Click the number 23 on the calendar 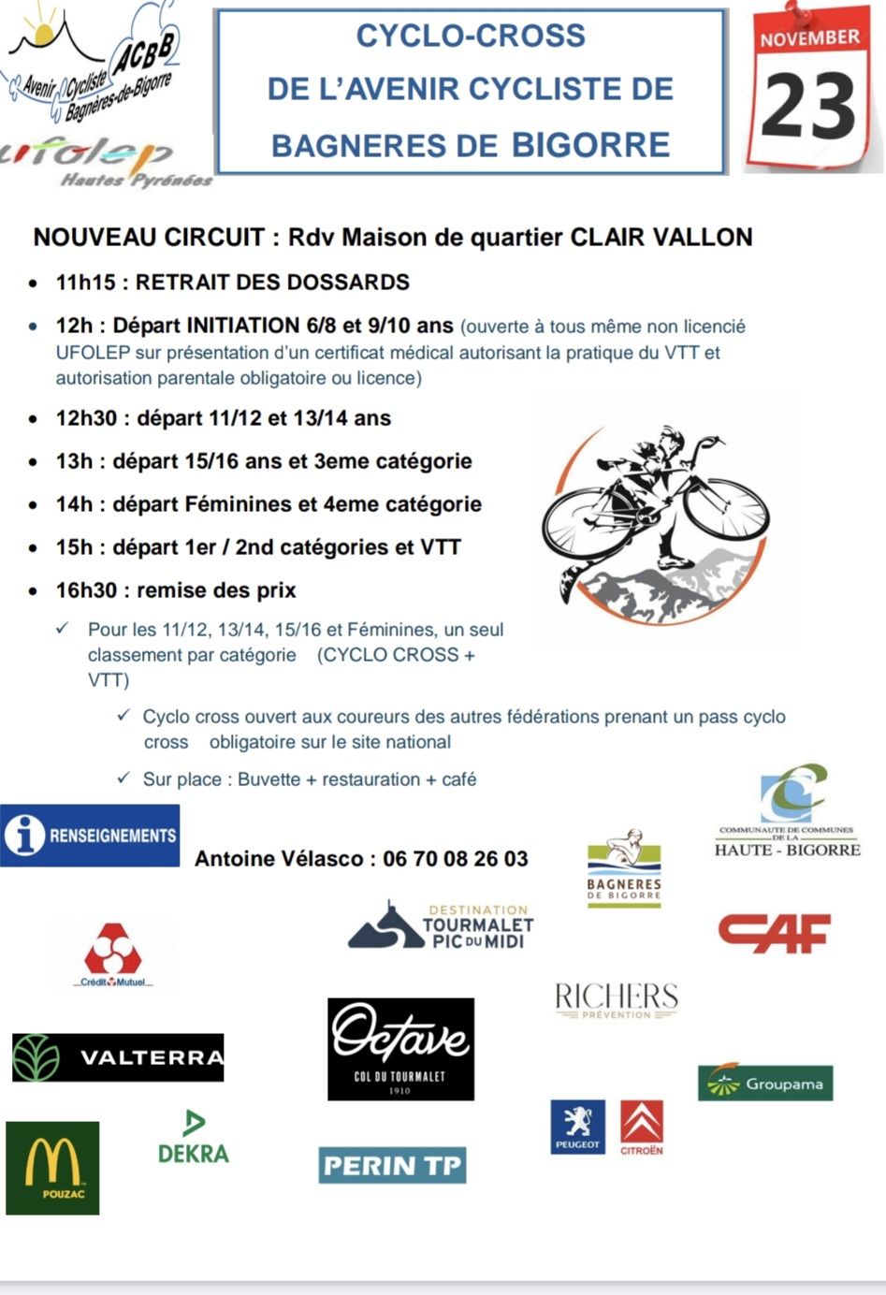click(x=810, y=106)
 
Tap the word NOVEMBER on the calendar click(x=809, y=38)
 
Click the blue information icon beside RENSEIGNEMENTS click(x=24, y=835)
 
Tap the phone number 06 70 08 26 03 click(x=456, y=858)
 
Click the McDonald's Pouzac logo click(x=52, y=1168)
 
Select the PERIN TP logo click(x=392, y=1165)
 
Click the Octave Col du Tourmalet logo click(x=400, y=1048)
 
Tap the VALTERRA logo click(x=118, y=1057)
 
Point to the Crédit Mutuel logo click(x=112, y=954)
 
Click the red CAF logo click(x=774, y=932)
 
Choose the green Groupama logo click(x=765, y=1084)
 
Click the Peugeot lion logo click(x=577, y=1127)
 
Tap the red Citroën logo click(x=642, y=1127)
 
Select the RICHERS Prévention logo click(x=616, y=1000)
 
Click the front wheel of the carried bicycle click(x=726, y=509)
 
